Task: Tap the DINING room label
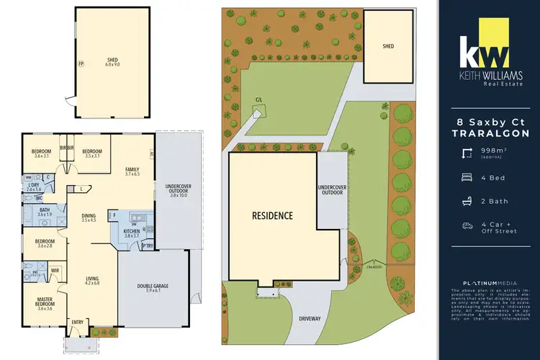(89, 215)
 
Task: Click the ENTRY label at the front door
(78, 322)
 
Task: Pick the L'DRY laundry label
(33, 186)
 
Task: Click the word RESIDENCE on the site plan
(273, 215)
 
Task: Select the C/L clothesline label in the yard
(258, 100)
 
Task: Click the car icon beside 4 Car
(467, 225)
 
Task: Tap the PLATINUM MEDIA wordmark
(488, 283)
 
